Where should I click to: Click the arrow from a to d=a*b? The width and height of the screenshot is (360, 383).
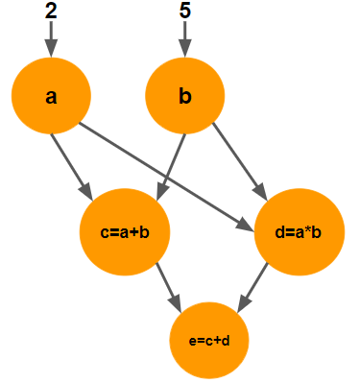click(x=163, y=177)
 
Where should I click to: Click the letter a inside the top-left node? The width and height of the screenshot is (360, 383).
click(x=51, y=97)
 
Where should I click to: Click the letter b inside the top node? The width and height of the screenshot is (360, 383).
click(x=184, y=97)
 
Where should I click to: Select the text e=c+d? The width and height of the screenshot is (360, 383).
click(x=210, y=339)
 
